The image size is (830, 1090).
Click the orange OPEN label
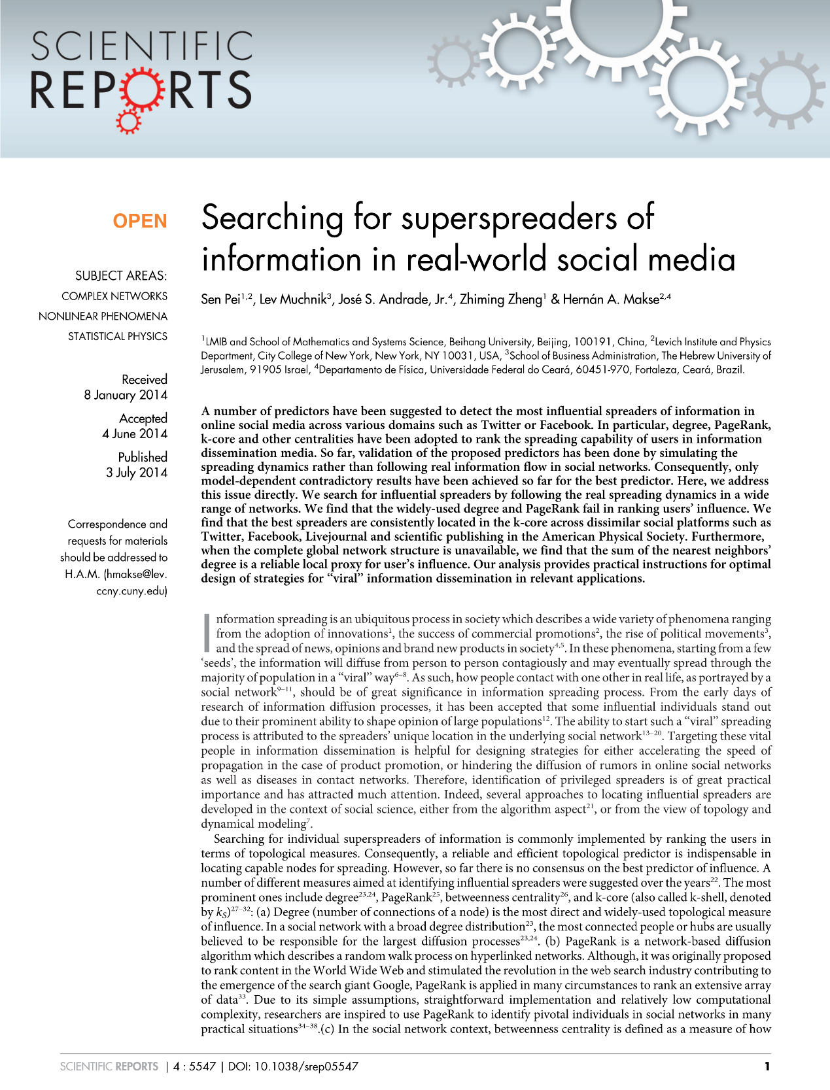pyautogui.click(x=140, y=221)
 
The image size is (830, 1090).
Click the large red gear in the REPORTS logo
pyautogui.click(x=139, y=90)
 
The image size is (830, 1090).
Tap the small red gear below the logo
pyautogui.click(x=128, y=122)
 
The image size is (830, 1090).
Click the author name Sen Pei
pyautogui.click(x=221, y=299)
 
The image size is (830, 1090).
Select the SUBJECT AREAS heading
pyautogui.click(x=121, y=276)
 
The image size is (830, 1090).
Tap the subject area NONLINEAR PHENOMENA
pyautogui.click(x=103, y=316)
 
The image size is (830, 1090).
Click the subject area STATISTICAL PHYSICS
pyautogui.click(x=118, y=336)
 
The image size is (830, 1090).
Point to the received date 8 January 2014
pyautogui.click(x=126, y=395)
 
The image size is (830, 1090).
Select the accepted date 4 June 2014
pyautogui.click(x=135, y=434)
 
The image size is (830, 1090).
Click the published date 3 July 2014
pyautogui.click(x=137, y=472)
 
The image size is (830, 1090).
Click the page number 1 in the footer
pyautogui.click(x=767, y=1066)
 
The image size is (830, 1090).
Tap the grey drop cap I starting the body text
pyautogui.click(x=207, y=632)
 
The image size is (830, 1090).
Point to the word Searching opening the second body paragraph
pyautogui.click(x=240, y=839)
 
